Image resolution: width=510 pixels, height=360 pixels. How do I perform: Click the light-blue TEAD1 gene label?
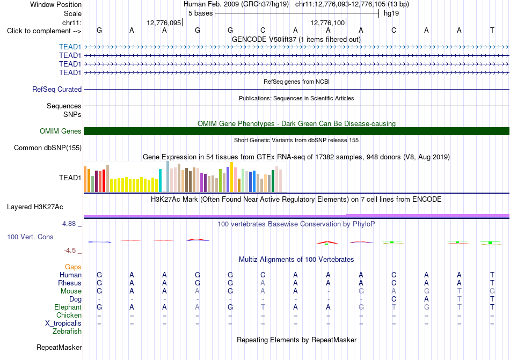tap(70, 47)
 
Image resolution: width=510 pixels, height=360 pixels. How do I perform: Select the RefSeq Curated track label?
tap(57, 90)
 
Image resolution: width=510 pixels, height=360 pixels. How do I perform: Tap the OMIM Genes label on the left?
tap(61, 131)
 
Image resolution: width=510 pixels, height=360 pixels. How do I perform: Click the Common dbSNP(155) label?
tap(48, 148)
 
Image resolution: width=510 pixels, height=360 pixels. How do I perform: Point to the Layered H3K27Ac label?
tap(35, 207)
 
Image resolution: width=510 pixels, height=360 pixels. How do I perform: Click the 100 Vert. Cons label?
tap(30, 237)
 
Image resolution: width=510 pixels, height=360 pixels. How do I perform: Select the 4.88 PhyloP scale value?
tap(69, 224)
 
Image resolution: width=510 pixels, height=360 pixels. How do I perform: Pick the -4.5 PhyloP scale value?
tap(70, 251)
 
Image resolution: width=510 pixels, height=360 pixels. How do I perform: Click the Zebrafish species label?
tap(67, 332)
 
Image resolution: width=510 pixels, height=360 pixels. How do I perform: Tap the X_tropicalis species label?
tap(63, 324)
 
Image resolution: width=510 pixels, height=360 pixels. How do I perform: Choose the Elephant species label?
tap(68, 307)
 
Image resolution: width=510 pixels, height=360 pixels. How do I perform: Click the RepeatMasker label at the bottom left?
tap(59, 347)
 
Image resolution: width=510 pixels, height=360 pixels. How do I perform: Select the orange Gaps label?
tap(73, 267)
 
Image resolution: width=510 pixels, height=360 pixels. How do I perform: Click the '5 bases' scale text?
tap(200, 13)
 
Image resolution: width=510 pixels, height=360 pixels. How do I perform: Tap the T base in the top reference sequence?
tap(492, 30)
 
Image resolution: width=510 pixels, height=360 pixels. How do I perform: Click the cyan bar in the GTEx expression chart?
tap(160, 181)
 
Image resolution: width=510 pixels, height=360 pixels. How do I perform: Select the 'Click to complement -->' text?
tap(44, 31)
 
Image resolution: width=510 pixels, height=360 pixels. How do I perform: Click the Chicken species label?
tap(69, 315)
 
